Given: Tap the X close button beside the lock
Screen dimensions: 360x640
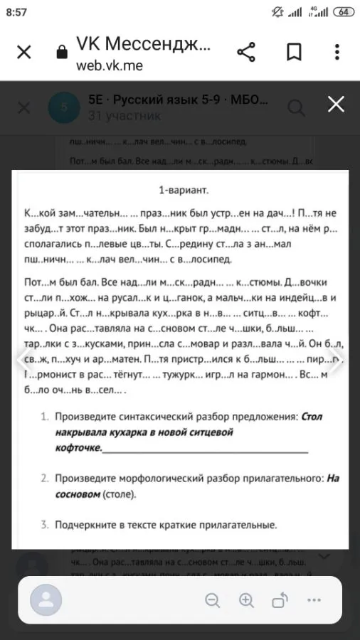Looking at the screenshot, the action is (x=23, y=53).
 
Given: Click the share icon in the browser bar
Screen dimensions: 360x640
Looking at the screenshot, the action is (x=245, y=53).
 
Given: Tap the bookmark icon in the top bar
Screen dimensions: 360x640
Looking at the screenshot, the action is (x=294, y=53).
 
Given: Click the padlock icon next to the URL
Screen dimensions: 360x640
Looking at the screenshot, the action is (x=61, y=53).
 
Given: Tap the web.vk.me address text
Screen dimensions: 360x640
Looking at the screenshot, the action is (x=110, y=65).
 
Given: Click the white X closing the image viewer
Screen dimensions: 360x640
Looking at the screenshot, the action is (x=336, y=105).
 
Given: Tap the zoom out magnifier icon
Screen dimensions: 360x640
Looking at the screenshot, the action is (x=212, y=599).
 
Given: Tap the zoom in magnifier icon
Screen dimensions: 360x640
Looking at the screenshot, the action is (x=246, y=599).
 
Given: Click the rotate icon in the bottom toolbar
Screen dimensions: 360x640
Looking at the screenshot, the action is (x=280, y=599).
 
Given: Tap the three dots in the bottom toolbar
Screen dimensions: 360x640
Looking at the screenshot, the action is (x=314, y=599).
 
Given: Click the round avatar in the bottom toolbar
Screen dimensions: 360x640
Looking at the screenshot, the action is (x=46, y=599).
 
